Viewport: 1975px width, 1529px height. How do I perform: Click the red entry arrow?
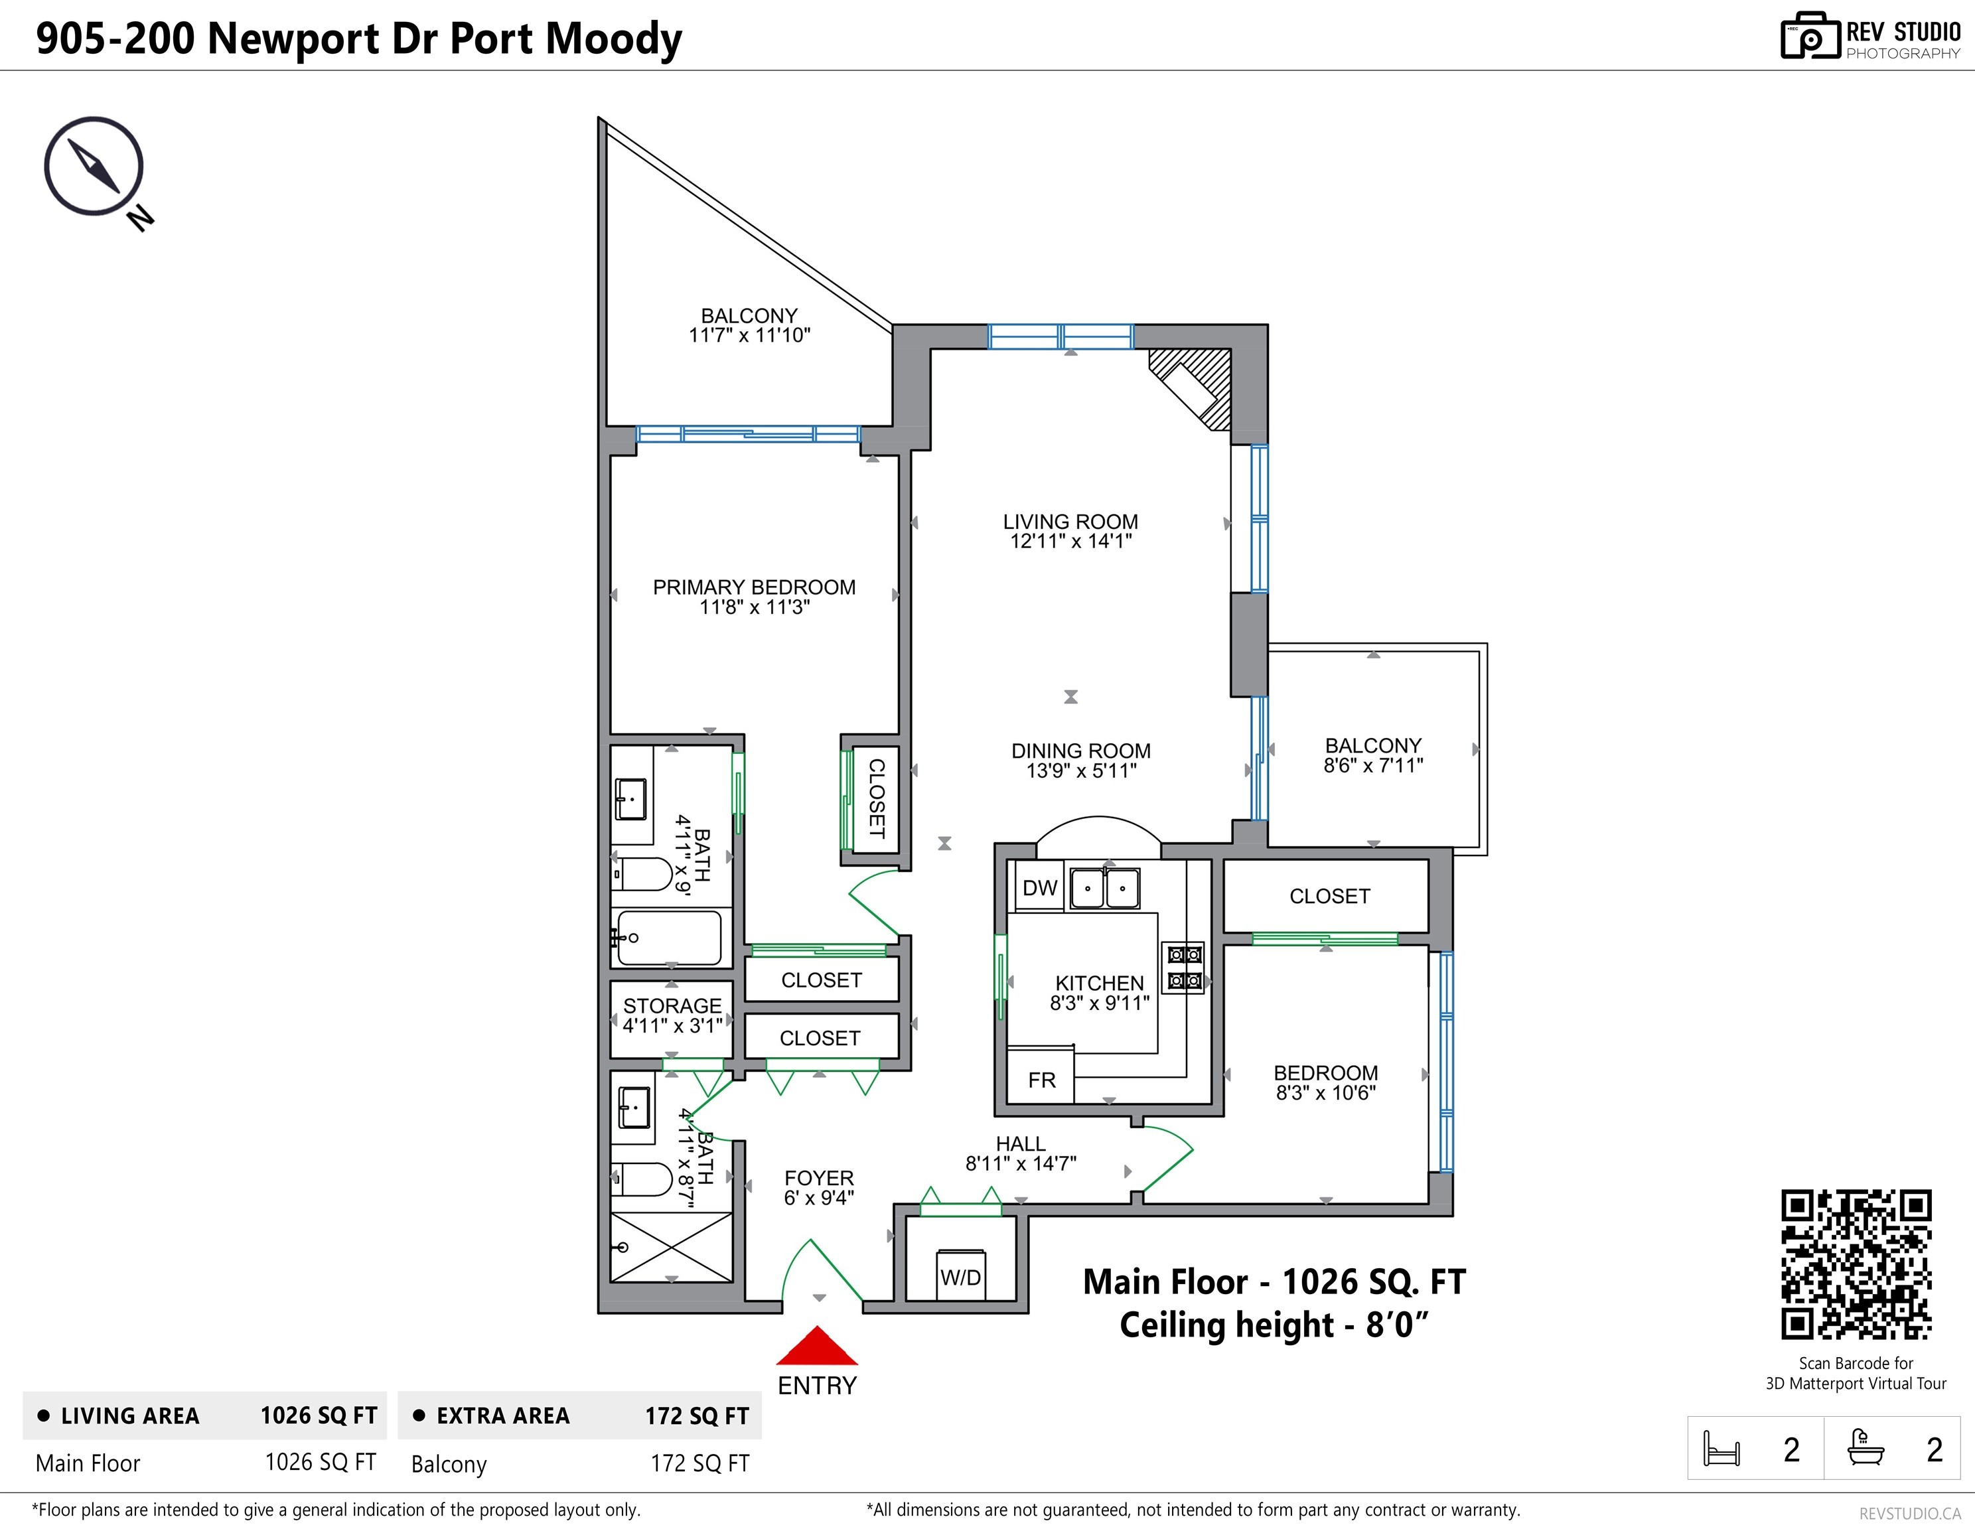tap(816, 1345)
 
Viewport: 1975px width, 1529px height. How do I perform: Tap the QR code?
tap(1856, 1264)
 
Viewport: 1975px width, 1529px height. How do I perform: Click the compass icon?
tap(94, 167)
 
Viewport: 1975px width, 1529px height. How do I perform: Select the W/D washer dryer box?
tap(960, 1275)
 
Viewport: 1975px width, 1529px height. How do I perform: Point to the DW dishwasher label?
tap(1039, 888)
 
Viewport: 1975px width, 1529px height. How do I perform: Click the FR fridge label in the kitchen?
tap(1042, 1080)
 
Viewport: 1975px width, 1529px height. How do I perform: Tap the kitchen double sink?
tap(1104, 888)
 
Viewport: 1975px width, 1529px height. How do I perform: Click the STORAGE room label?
tap(672, 1006)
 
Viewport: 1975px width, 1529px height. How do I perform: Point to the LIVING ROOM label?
tap(1070, 522)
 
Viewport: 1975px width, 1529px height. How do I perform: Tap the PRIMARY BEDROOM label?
tap(754, 587)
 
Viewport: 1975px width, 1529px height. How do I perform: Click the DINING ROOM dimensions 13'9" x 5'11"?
tap(1082, 770)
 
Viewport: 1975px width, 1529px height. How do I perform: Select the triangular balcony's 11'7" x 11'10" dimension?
tap(750, 335)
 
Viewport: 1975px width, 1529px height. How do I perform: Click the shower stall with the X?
tap(671, 1247)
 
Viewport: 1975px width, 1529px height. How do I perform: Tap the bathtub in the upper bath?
tap(669, 938)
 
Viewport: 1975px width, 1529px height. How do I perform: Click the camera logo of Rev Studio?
tap(1810, 36)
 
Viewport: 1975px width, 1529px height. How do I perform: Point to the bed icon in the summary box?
tap(1721, 1449)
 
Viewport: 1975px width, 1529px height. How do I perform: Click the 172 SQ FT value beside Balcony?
tap(700, 1463)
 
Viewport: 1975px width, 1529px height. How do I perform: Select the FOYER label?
tap(820, 1178)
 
